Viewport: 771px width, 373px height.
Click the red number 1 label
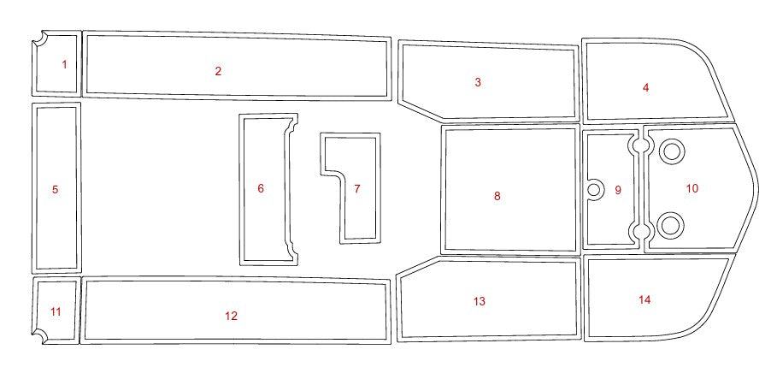(64, 64)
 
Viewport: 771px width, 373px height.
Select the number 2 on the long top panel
(218, 71)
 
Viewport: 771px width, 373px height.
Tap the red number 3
(478, 82)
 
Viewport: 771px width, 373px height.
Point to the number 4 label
(645, 87)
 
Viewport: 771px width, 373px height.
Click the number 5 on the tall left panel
(55, 189)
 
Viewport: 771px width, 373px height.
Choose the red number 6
(261, 188)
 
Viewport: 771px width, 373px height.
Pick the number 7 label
(357, 188)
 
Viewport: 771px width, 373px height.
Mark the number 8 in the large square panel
(497, 196)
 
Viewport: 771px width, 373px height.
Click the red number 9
(618, 190)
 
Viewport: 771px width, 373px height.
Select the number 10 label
(692, 188)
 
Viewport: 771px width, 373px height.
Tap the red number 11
(56, 311)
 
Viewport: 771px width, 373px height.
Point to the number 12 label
(231, 316)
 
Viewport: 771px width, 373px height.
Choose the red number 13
(480, 301)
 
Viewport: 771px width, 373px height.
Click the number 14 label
(644, 299)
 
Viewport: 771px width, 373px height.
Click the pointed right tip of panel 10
(757, 188)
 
